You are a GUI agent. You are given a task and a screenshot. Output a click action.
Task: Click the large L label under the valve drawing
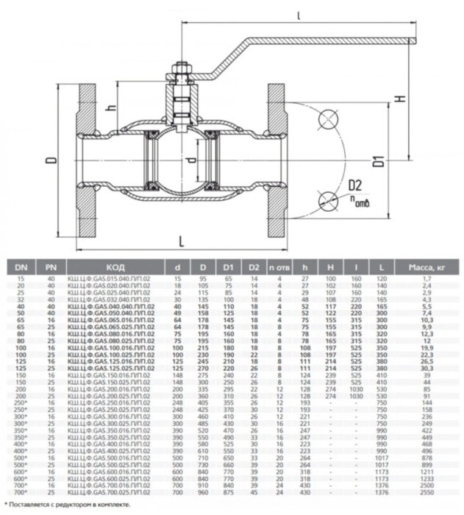181,239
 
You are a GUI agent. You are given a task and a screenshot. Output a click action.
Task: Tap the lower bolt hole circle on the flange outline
325,198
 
